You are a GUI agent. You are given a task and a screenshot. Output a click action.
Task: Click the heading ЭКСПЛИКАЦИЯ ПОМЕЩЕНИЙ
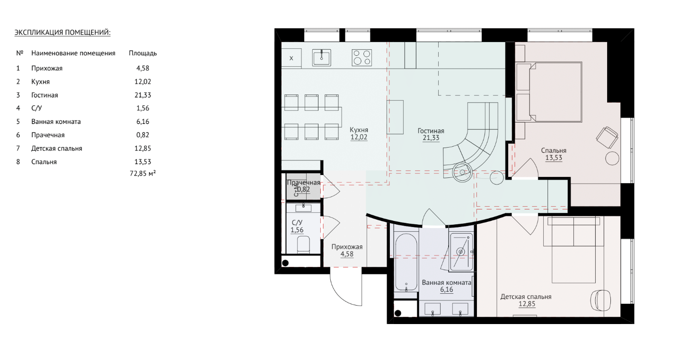pos(62,33)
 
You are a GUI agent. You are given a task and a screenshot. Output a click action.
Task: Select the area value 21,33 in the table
pos(143,95)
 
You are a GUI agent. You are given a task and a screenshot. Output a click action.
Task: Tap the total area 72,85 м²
pos(143,174)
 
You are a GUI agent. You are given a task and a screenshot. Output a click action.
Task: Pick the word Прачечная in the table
pos(48,135)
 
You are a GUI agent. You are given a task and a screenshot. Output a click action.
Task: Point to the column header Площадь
pos(143,53)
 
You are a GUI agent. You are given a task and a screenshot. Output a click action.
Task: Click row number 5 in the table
pos(18,122)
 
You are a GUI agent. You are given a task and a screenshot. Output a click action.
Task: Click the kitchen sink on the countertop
pos(322,57)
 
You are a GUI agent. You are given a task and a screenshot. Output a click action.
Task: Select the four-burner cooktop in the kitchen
pos(362,58)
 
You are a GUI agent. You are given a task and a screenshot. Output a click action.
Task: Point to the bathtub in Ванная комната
pos(406,263)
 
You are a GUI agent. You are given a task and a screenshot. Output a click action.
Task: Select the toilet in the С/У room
pos(303,244)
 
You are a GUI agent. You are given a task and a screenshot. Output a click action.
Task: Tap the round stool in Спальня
pos(612,158)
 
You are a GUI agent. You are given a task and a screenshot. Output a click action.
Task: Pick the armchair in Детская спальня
pos(601,301)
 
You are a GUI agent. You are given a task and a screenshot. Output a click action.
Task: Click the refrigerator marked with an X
pos(291,58)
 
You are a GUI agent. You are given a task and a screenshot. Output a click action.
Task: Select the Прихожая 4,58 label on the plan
pos(347,251)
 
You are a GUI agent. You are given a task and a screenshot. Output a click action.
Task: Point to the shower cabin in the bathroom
pos(461,252)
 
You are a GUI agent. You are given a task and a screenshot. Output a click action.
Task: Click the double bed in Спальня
pos(549,92)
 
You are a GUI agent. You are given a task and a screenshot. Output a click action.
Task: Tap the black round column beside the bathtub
pos(398,313)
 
